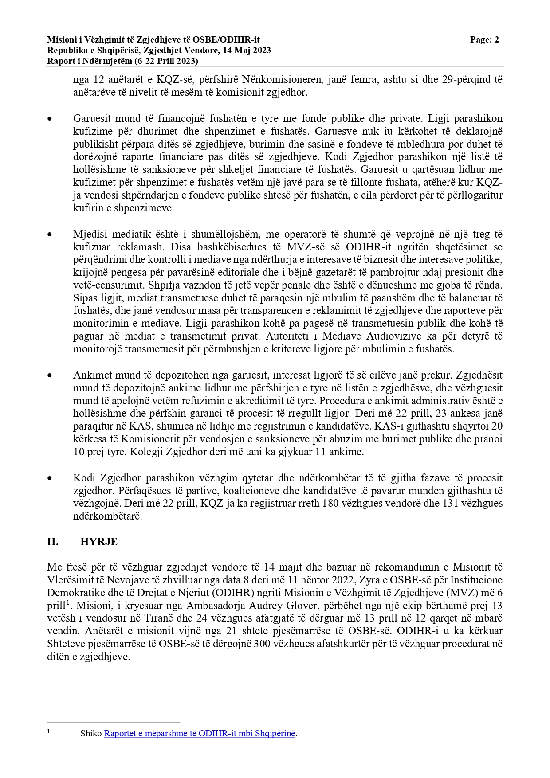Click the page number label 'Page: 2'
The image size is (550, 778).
484,40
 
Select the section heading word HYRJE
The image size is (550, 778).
99,541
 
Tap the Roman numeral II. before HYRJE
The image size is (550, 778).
53,541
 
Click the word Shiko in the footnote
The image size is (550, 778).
91,733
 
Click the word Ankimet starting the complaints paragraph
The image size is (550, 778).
90,375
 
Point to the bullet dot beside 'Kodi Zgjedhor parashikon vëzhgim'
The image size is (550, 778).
50,478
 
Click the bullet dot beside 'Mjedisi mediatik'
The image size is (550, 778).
50,234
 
